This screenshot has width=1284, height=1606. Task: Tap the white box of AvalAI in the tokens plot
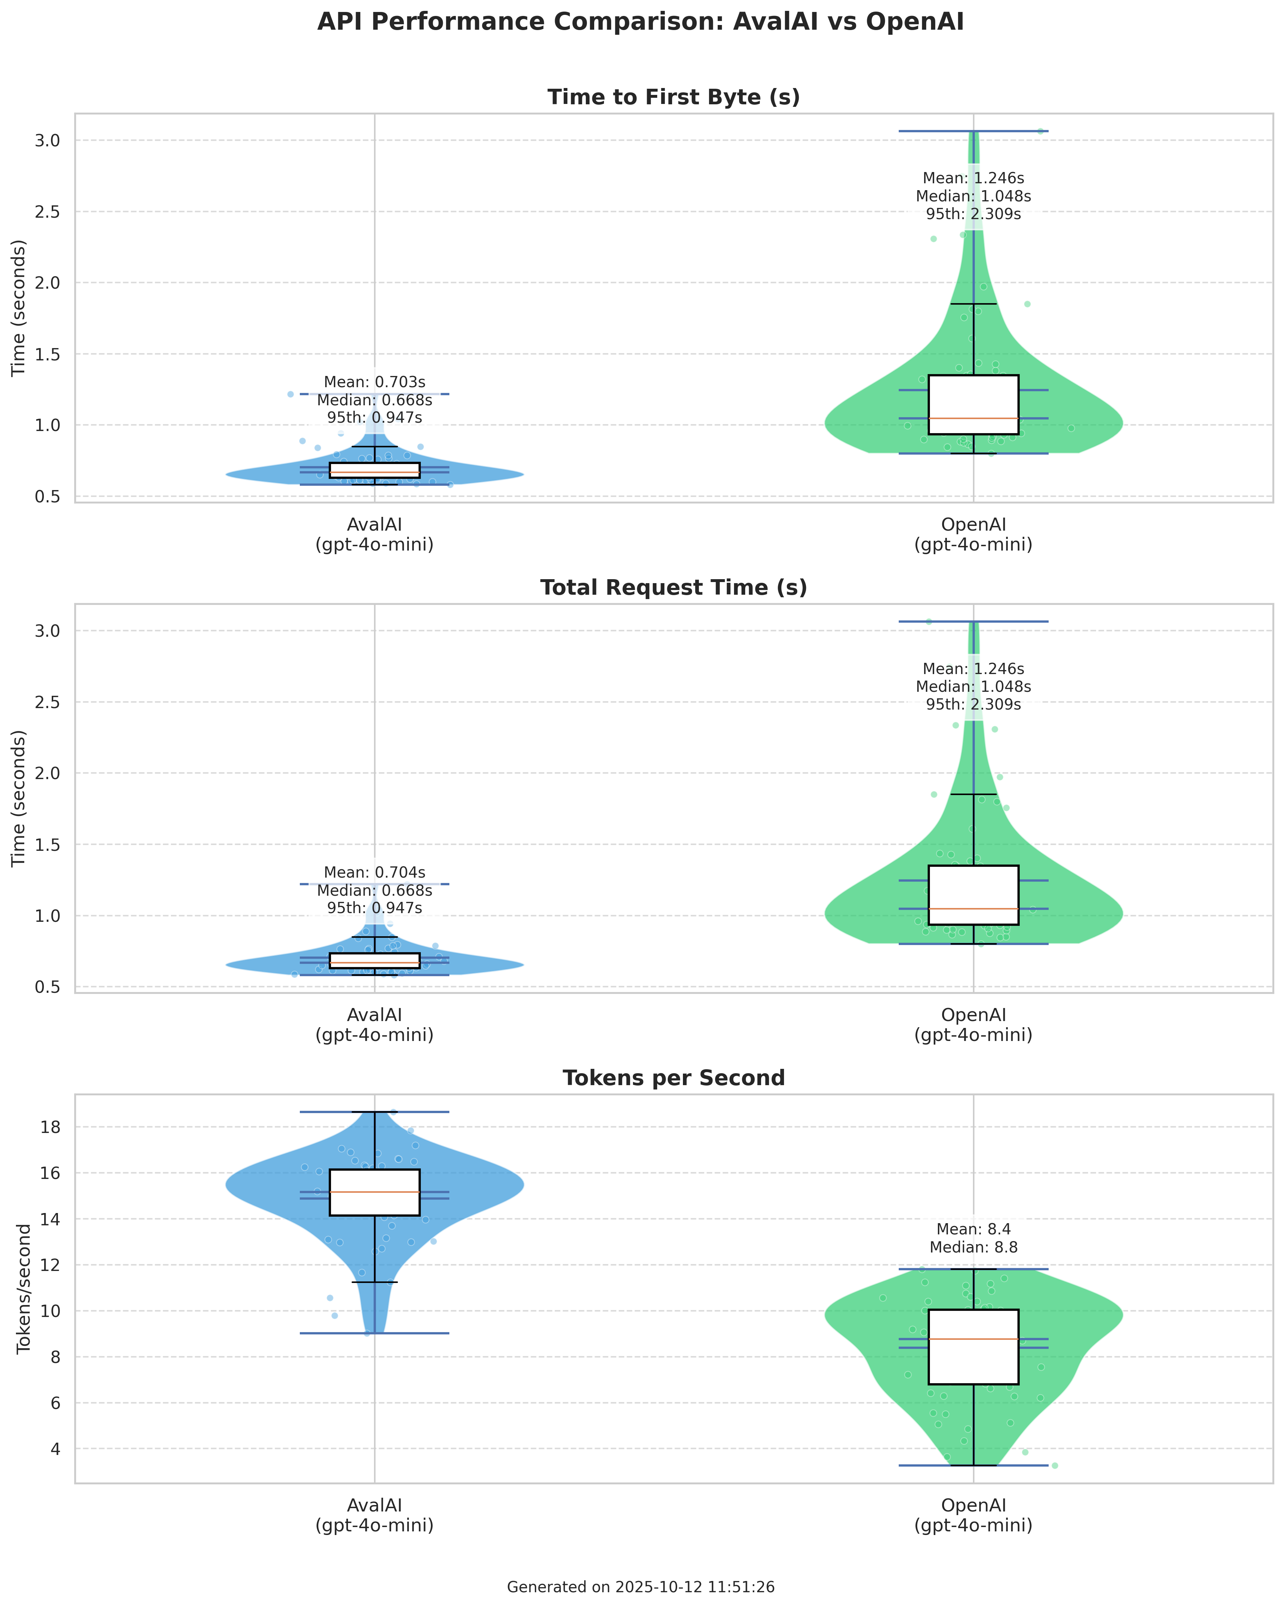pyautogui.click(x=375, y=1193)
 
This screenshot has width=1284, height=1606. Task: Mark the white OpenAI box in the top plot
pyautogui.click(x=973, y=405)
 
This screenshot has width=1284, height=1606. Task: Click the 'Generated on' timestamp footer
pyautogui.click(x=641, y=1588)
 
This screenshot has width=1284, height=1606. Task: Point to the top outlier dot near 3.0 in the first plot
pyautogui.click(x=1040, y=131)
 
